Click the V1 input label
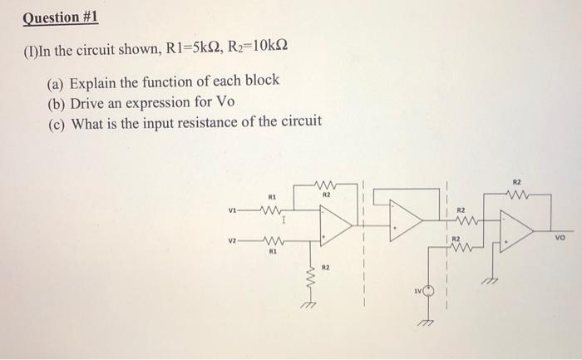232,209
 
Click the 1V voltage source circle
429,292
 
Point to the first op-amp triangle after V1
335,225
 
